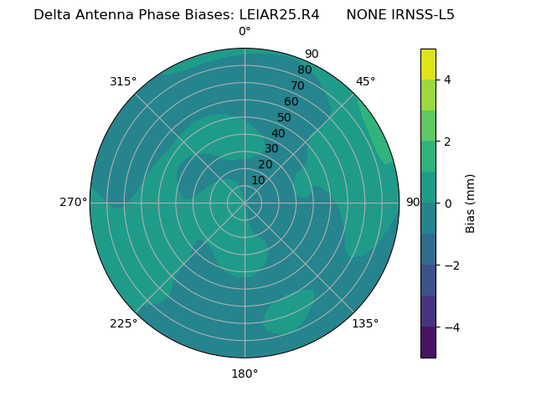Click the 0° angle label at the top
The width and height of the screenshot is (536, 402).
pyautogui.click(x=245, y=32)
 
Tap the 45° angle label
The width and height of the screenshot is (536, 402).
pyautogui.click(x=365, y=81)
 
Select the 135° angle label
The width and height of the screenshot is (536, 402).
pyautogui.click(x=365, y=323)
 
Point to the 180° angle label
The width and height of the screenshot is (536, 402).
pyautogui.click(x=245, y=374)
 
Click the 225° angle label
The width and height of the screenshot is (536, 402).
pyautogui.click(x=123, y=324)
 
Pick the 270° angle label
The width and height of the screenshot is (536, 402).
pyautogui.click(x=73, y=202)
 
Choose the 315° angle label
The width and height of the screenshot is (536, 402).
pyautogui.click(x=123, y=81)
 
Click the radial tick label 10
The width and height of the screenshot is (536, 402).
pyautogui.click(x=258, y=180)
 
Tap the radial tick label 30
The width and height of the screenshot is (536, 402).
pyautogui.click(x=271, y=149)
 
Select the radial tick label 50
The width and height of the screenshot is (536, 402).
pyautogui.click(x=285, y=118)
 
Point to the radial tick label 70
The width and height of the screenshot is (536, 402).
pyautogui.click(x=297, y=86)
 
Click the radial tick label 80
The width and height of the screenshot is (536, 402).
pyautogui.click(x=304, y=70)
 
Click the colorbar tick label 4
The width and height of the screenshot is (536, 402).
pyautogui.click(x=447, y=80)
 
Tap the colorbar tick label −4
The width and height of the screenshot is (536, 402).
pyautogui.click(x=451, y=327)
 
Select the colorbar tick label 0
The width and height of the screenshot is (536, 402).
pyautogui.click(x=447, y=203)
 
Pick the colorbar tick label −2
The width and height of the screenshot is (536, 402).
pyautogui.click(x=451, y=265)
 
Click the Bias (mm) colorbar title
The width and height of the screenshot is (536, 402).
pyautogui.click(x=471, y=203)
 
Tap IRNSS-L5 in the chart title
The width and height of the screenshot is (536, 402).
pyautogui.click(x=424, y=14)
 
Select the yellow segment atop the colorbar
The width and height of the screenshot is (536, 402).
pyautogui.click(x=428, y=64)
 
